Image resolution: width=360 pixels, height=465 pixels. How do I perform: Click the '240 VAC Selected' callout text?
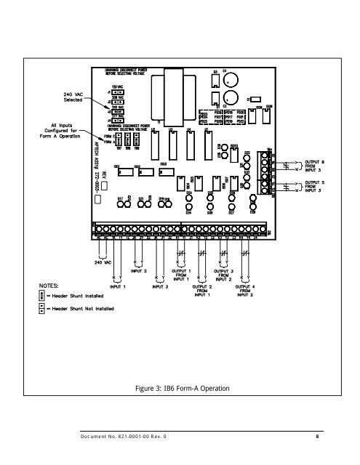tap(57, 97)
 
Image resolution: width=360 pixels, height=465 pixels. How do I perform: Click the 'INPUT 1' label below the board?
tap(107, 286)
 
